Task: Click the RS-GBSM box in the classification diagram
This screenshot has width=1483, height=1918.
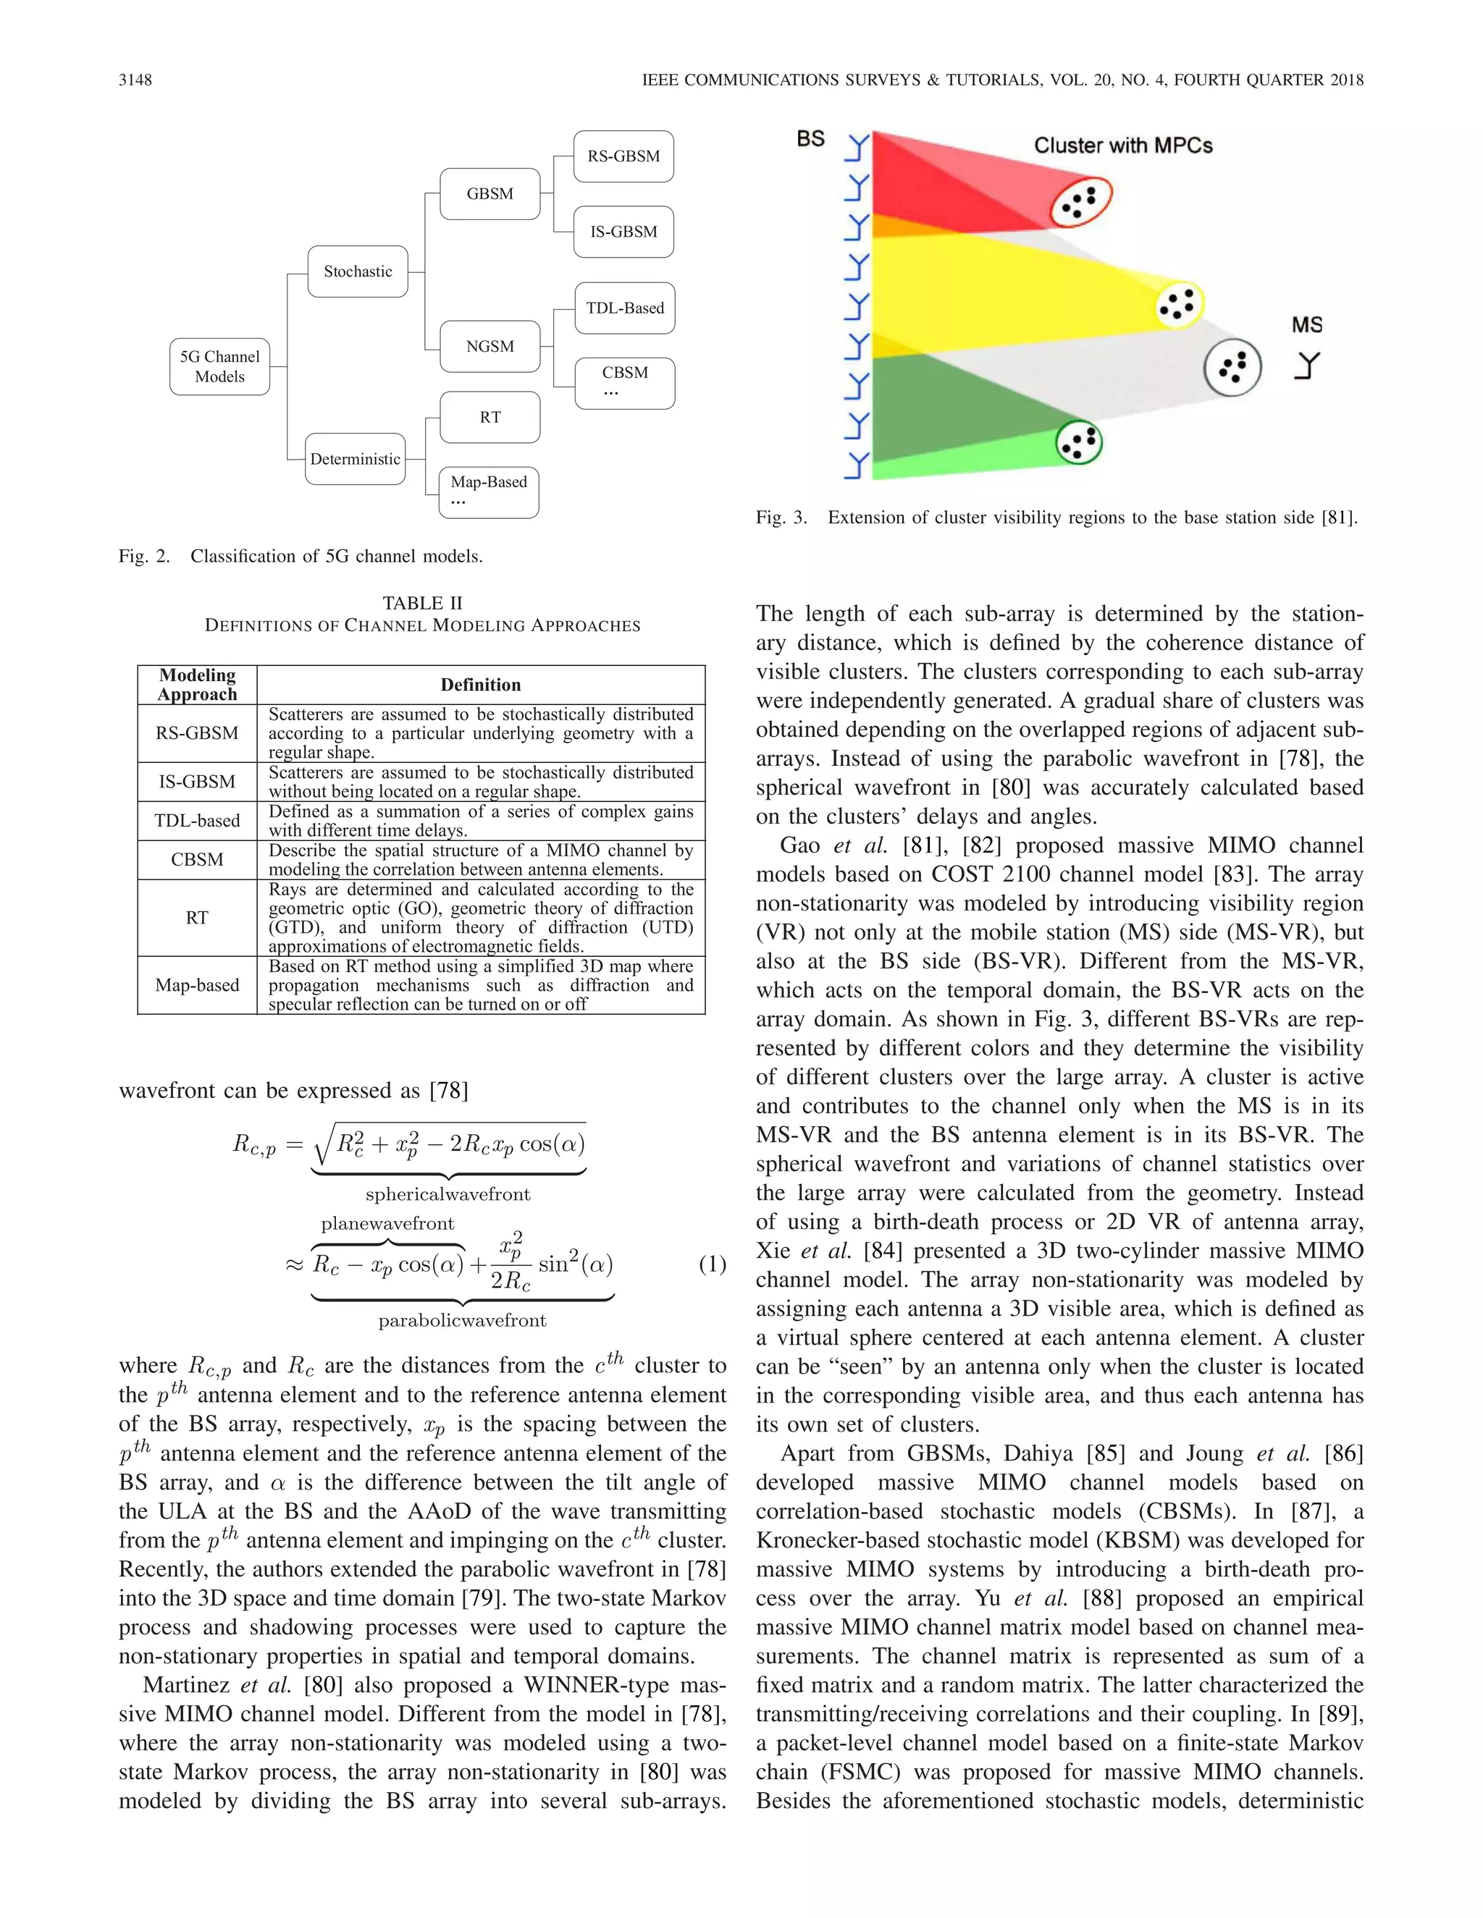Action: point(623,156)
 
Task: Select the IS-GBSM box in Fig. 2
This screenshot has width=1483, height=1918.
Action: point(623,232)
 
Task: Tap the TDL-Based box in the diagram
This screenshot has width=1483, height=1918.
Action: point(625,308)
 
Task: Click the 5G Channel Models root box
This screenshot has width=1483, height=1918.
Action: point(219,367)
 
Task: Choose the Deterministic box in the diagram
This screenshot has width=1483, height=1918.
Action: point(355,458)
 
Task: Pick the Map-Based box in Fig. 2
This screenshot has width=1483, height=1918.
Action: point(489,491)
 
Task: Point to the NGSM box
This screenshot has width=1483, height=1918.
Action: point(490,346)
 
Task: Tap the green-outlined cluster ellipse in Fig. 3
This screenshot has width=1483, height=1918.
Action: point(1078,442)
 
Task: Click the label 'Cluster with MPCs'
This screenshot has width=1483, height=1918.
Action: point(1123,145)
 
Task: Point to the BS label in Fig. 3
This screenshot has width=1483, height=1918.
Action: point(811,139)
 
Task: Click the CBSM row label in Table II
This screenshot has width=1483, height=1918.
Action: point(197,860)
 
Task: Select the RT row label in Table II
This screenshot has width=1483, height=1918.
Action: point(197,918)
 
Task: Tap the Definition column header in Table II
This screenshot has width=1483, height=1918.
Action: point(481,685)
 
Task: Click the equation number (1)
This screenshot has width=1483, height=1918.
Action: point(713,1264)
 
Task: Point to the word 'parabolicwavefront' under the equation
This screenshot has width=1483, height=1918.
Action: point(462,1321)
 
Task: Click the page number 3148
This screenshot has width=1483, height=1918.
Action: point(135,80)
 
